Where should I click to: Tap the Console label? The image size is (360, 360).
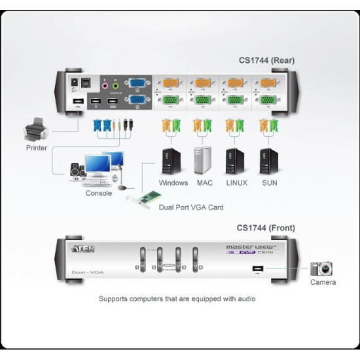pyautogui.click(x=99, y=193)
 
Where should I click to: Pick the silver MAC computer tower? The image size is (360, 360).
pyautogui.click(x=202, y=161)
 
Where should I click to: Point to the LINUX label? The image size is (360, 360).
pyautogui.click(x=236, y=183)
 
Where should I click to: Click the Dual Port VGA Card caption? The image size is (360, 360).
pyautogui.click(x=191, y=207)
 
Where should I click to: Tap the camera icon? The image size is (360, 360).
pyautogui.click(x=321, y=268)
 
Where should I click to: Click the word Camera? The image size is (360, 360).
pyautogui.click(x=323, y=282)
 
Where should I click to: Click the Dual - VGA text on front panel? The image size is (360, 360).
pyautogui.click(x=84, y=271)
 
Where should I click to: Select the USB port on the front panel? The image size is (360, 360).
pyautogui.click(x=255, y=268)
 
